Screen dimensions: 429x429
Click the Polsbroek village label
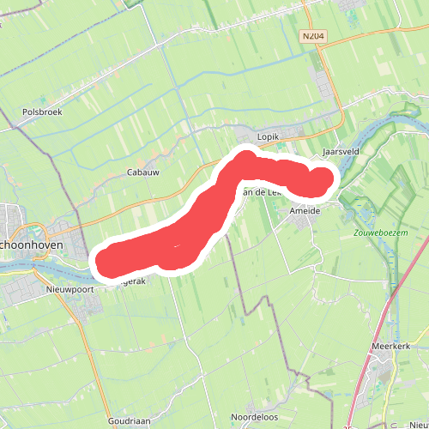pyautogui.click(x=43, y=112)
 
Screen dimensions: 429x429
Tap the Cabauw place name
pyautogui.click(x=143, y=172)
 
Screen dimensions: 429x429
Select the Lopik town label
pyautogui.click(x=269, y=136)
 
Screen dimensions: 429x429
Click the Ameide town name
pyautogui.click(x=305, y=210)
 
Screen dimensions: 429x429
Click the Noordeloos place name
pyautogui.click(x=253, y=417)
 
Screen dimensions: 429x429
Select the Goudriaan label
pyautogui.click(x=130, y=421)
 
